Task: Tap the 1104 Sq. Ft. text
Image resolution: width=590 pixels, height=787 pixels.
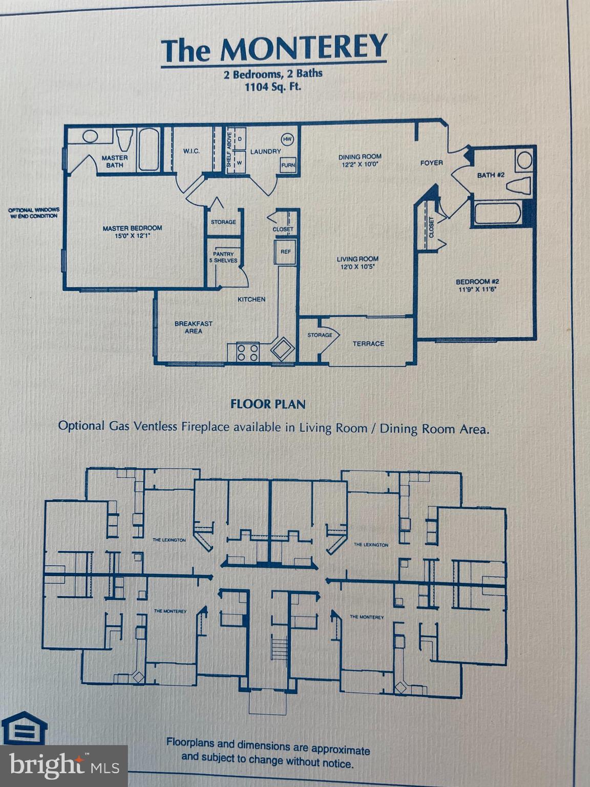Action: (272, 87)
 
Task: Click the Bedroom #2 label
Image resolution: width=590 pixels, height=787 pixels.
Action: (477, 285)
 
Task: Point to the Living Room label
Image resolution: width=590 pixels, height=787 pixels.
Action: (357, 262)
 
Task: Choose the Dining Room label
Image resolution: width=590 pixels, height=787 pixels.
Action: (360, 160)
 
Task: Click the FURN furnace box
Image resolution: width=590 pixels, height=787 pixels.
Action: (288, 165)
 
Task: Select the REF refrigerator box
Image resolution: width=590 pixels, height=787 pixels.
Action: (285, 252)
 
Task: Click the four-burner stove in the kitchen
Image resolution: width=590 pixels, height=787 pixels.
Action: (248, 353)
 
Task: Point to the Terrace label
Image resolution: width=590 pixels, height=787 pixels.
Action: (368, 344)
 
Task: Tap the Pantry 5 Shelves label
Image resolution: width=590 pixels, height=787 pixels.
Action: (223, 257)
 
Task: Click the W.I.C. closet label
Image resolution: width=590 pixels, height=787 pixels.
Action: (191, 151)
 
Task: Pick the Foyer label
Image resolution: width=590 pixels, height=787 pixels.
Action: (431, 163)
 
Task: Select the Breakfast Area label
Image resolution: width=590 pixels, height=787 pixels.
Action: (193, 327)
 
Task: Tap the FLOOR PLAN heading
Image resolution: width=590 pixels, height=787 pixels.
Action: (268, 404)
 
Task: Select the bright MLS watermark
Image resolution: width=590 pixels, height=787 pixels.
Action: (64, 767)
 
